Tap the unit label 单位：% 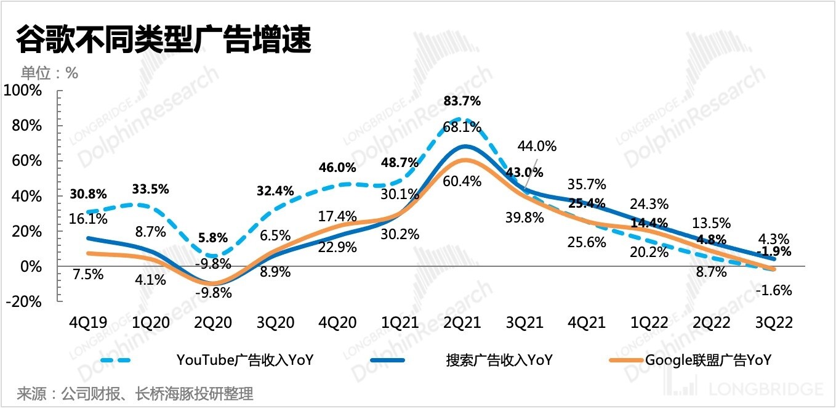pos(50,73)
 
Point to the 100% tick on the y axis pos(24,91)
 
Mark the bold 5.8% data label pos(213,237)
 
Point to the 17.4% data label pos(337,216)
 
